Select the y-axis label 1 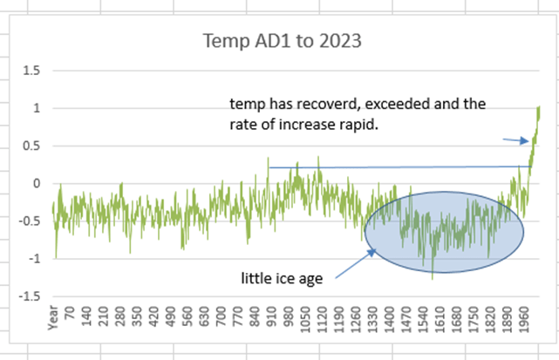pos(35,108)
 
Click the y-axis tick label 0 pos(35,183)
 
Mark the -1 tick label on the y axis pos(33,259)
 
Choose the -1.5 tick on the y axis pos(28,296)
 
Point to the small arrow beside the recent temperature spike pos(516,139)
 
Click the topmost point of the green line pos(539,106)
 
